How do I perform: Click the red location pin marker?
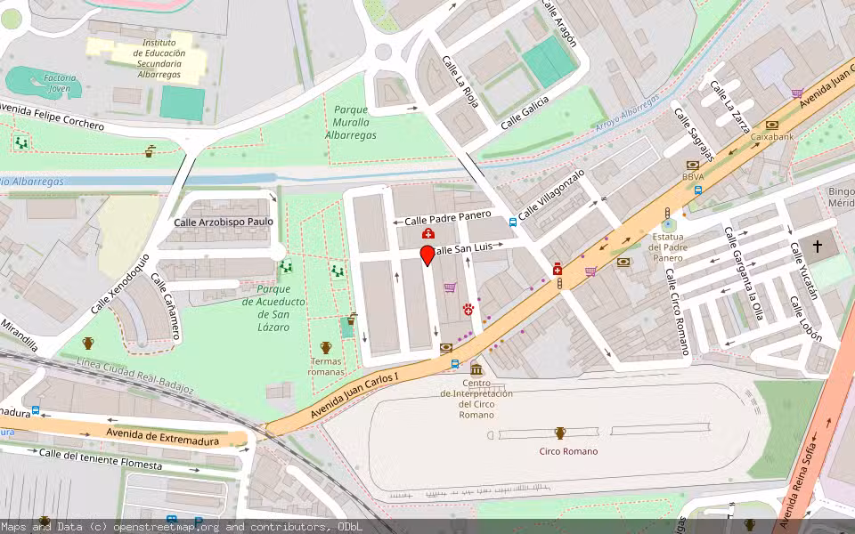click(x=427, y=255)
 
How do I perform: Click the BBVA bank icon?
click(x=692, y=166)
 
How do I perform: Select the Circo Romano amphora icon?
click(x=560, y=433)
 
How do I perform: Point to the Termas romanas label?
click(x=326, y=366)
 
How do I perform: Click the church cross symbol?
click(x=818, y=246)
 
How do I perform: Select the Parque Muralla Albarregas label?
click(x=350, y=123)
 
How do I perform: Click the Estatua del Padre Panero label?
click(x=668, y=247)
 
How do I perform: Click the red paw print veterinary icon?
click(x=469, y=309)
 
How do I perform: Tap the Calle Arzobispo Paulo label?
click(x=224, y=222)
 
